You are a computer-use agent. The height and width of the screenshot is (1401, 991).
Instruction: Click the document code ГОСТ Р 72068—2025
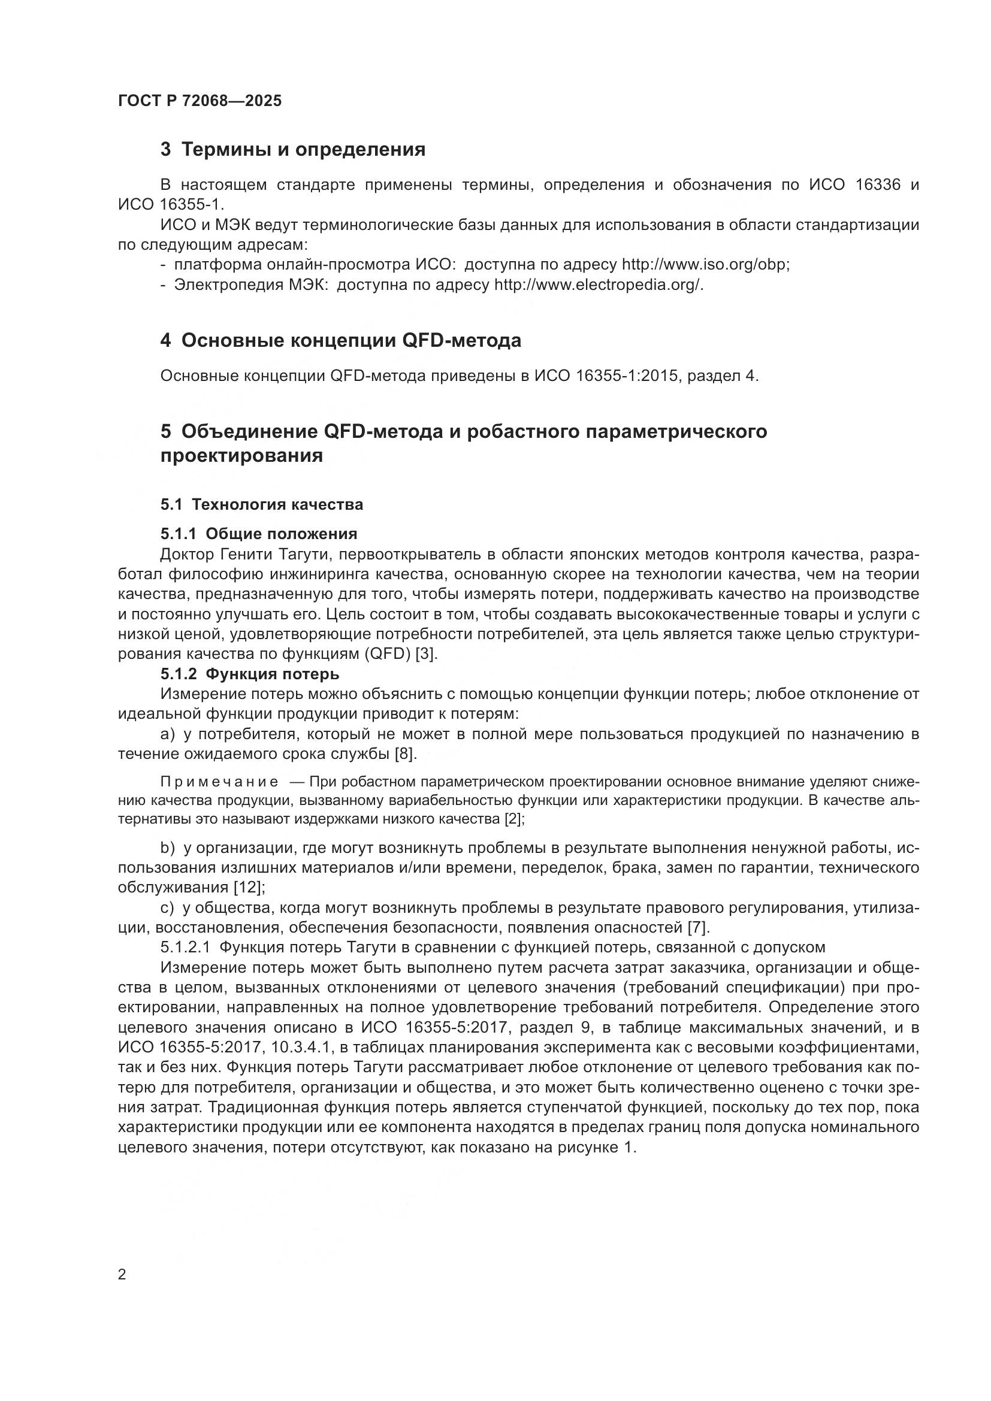click(x=200, y=101)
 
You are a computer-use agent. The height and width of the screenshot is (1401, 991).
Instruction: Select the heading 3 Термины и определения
click(x=292, y=149)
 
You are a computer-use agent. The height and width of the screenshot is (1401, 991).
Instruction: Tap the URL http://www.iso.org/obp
click(x=705, y=265)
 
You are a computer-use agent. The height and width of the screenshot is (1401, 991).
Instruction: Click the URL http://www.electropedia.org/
click(x=598, y=285)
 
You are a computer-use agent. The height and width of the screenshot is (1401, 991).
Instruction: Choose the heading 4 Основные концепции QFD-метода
click(x=340, y=340)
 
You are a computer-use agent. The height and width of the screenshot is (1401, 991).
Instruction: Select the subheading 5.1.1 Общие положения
click(x=259, y=534)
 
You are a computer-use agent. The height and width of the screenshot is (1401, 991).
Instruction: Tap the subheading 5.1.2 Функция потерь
click(x=250, y=674)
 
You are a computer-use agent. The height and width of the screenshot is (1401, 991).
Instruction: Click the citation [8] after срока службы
click(x=405, y=754)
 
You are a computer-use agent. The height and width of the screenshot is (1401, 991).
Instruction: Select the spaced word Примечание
click(x=219, y=782)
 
